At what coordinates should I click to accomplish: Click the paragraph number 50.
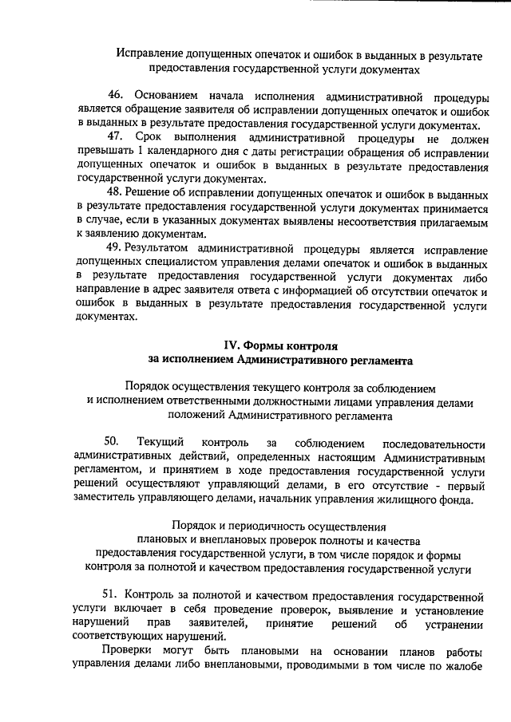point(112,442)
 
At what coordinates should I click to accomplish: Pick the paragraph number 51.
point(112,595)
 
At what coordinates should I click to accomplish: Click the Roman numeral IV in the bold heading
point(231,346)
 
